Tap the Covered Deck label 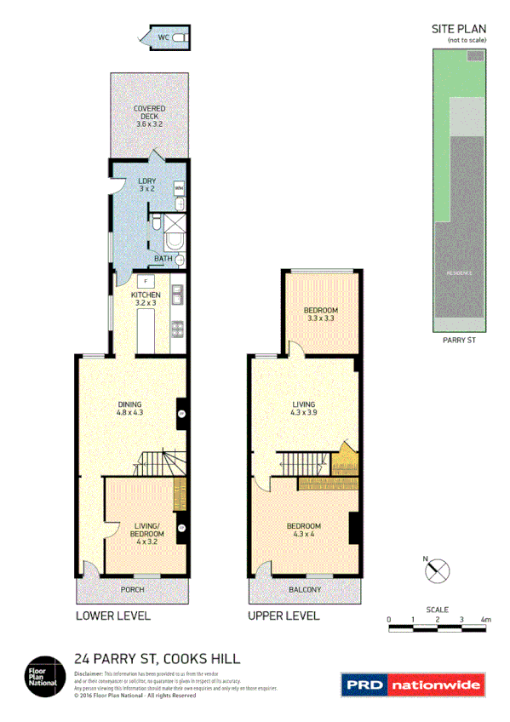(149, 116)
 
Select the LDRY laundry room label (146, 185)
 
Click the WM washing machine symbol (179, 186)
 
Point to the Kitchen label (146, 299)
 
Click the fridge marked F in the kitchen (147, 280)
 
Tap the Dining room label (129, 408)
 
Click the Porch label (132, 589)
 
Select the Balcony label (304, 589)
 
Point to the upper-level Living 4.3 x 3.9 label (304, 409)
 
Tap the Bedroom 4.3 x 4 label (304, 530)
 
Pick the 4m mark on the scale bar (485, 619)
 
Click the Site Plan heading (459, 28)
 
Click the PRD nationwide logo (412, 684)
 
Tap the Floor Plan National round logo (41, 672)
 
